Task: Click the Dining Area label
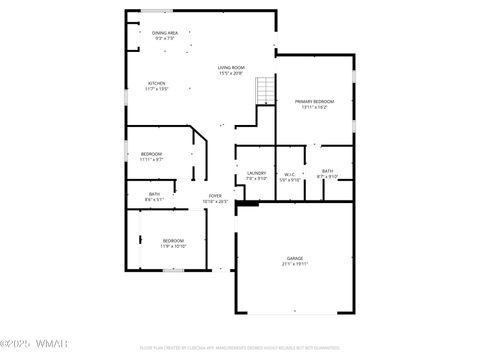(x=165, y=33)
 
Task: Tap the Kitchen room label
(x=157, y=83)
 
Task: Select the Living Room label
(x=231, y=67)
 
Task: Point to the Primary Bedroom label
(x=314, y=101)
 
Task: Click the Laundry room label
(x=257, y=173)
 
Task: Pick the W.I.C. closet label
(x=290, y=173)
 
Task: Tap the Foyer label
(x=215, y=195)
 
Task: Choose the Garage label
(x=295, y=258)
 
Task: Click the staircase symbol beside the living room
(x=265, y=91)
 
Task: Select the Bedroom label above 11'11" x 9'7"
(x=151, y=153)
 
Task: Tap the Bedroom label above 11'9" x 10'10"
(x=173, y=240)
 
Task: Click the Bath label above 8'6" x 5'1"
(x=154, y=194)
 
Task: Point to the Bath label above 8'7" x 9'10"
(x=328, y=171)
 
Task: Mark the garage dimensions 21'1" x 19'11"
(x=295, y=264)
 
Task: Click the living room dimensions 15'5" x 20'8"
(x=231, y=73)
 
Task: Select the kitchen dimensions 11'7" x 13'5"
(x=157, y=89)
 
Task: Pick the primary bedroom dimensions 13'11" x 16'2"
(x=314, y=107)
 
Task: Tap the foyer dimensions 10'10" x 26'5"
(x=215, y=201)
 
